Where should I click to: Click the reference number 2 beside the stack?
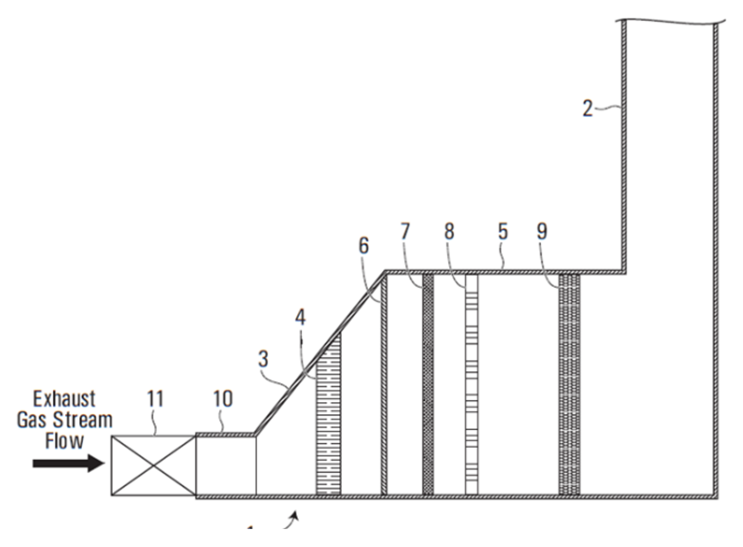pyautogui.click(x=587, y=109)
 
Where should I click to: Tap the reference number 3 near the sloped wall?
pyautogui.click(x=263, y=359)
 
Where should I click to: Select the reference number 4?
pyautogui.click(x=301, y=317)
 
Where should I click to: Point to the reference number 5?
pyautogui.click(x=502, y=232)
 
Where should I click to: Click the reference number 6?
pyautogui.click(x=363, y=246)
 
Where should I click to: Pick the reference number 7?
pyautogui.click(x=404, y=232)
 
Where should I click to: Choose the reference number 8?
pyautogui.click(x=448, y=232)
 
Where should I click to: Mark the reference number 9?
pyautogui.click(x=541, y=232)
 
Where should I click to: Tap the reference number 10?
pyautogui.click(x=223, y=399)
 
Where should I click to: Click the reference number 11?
pyautogui.click(x=155, y=399)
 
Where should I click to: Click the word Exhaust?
pyautogui.click(x=64, y=399)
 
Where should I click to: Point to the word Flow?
pyautogui.click(x=64, y=441)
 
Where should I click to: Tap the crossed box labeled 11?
pyautogui.click(x=153, y=466)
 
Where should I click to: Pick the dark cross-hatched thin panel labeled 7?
pyautogui.click(x=428, y=385)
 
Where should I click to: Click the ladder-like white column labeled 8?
pyautogui.click(x=471, y=385)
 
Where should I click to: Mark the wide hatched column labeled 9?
pyautogui.click(x=569, y=385)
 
